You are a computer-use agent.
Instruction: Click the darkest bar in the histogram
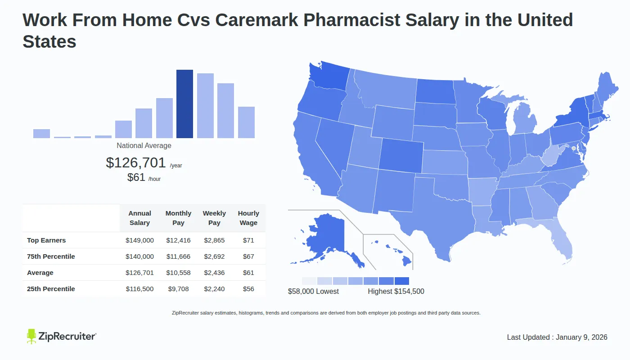[184, 104]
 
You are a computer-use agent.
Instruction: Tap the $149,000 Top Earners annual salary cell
[139, 240]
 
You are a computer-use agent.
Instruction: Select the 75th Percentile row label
[51, 256]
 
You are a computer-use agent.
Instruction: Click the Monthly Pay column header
[178, 218]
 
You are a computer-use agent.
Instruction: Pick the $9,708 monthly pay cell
[178, 289]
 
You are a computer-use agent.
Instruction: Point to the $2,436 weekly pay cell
[214, 273]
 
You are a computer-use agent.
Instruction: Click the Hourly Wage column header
[248, 218]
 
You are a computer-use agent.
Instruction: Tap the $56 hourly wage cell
[248, 289]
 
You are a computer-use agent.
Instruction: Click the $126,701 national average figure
[136, 162]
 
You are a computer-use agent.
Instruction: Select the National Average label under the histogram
[144, 146]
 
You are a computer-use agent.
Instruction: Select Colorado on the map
[400, 155]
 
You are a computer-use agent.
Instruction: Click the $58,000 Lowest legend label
[313, 291]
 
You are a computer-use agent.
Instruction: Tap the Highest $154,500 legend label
[396, 291]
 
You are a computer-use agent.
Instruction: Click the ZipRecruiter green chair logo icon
[31, 336]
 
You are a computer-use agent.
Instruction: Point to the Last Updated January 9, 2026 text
[557, 337]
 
